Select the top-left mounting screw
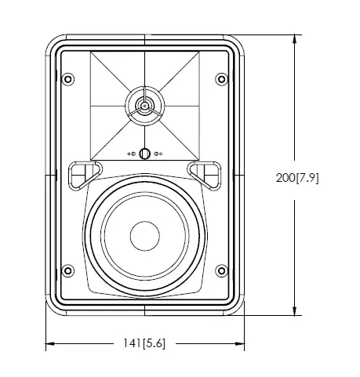[67, 79]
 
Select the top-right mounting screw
[223, 79]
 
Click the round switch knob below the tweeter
[145, 154]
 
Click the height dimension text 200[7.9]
[304, 177]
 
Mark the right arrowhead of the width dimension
[241, 343]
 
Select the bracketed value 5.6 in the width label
[159, 343]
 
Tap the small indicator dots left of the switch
[132, 154]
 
